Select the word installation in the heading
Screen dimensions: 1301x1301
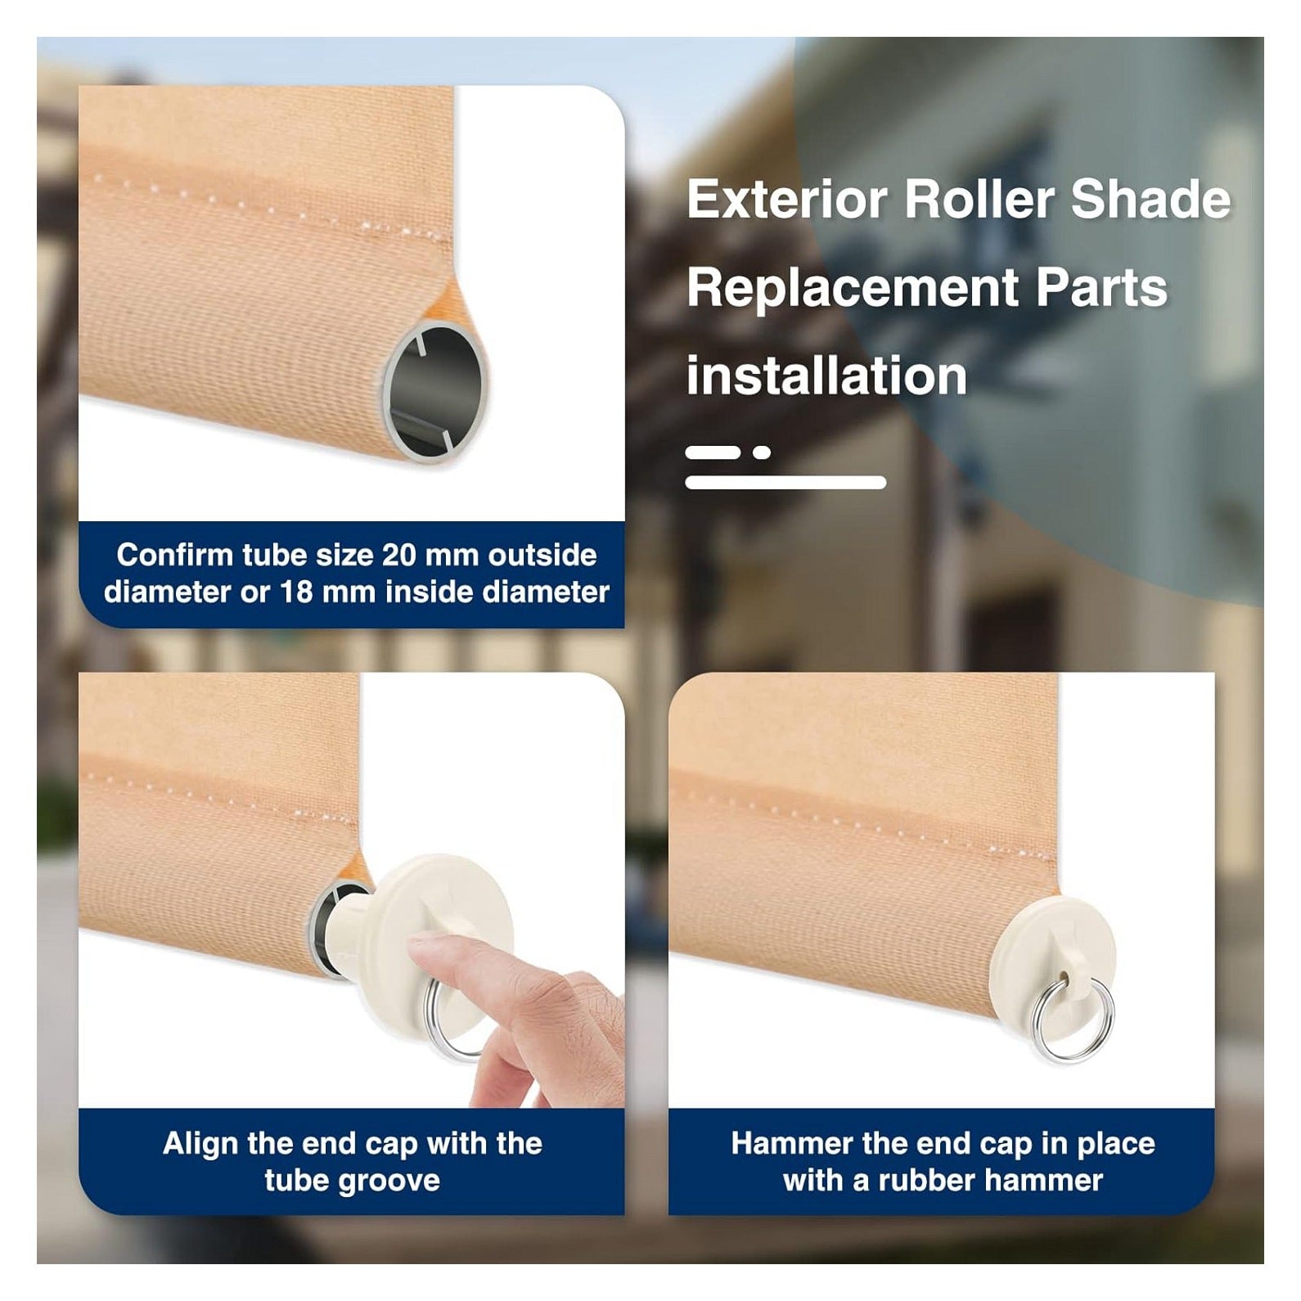tap(826, 376)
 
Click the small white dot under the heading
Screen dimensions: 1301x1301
tap(762, 452)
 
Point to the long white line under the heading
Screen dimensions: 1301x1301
tap(786, 482)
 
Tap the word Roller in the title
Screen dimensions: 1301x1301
tap(979, 199)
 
